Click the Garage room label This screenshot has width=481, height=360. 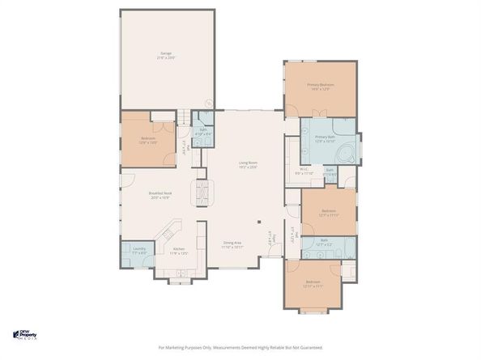(167, 54)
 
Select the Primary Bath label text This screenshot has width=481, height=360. (325, 138)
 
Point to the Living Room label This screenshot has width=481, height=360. (248, 163)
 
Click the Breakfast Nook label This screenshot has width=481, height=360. (159, 193)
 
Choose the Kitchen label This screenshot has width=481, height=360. (179, 248)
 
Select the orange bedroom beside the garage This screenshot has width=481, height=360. (147, 139)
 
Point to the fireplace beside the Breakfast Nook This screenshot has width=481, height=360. (203, 193)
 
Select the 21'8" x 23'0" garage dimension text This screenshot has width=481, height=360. (167, 58)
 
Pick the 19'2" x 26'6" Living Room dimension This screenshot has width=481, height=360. (248, 167)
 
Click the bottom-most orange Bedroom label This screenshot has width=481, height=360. (313, 283)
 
